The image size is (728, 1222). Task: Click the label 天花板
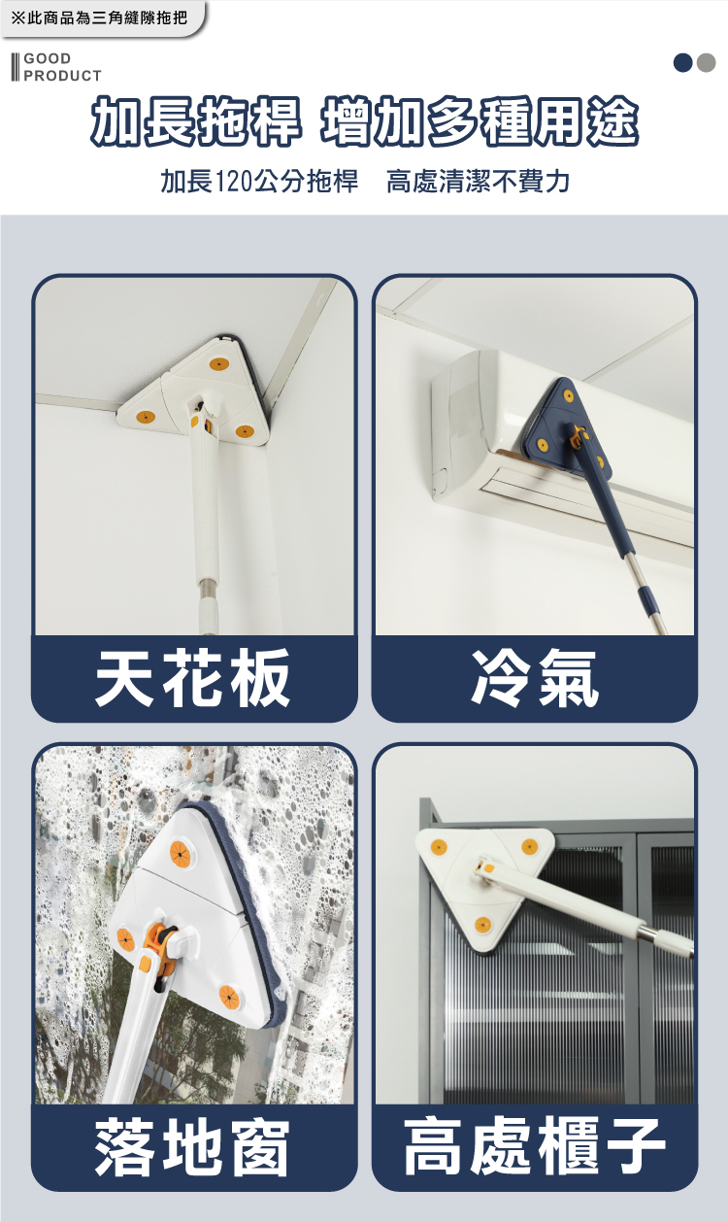(x=193, y=678)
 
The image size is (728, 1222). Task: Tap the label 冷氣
(x=535, y=678)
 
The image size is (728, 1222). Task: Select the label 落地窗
(x=193, y=1147)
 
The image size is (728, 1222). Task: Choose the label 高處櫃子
(x=535, y=1147)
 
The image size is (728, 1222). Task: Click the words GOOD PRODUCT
(x=61, y=67)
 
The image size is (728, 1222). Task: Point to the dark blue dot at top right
(x=683, y=63)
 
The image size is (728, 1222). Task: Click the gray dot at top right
(x=706, y=63)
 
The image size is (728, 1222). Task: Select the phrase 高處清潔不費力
(x=478, y=182)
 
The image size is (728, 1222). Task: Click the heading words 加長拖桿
(x=196, y=124)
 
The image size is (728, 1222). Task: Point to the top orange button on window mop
(x=182, y=852)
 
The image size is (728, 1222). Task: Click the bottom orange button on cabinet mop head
(x=482, y=925)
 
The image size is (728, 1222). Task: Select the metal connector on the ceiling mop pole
(x=207, y=588)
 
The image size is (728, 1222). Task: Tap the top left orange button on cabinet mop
(x=437, y=846)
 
